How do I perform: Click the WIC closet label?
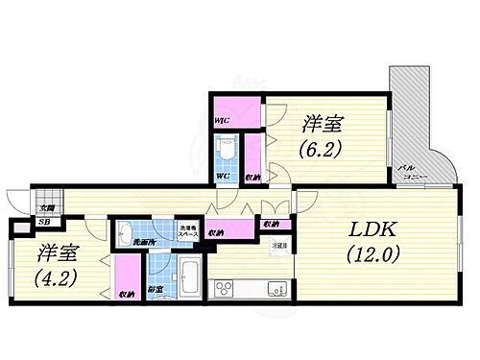(x=221, y=120)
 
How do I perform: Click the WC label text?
(x=221, y=177)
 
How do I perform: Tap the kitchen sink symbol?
(x=275, y=287)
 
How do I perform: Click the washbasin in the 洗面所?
(x=126, y=231)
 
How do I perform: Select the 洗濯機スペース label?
(x=188, y=230)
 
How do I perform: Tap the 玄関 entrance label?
(x=47, y=208)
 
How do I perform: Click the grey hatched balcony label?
(x=413, y=176)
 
